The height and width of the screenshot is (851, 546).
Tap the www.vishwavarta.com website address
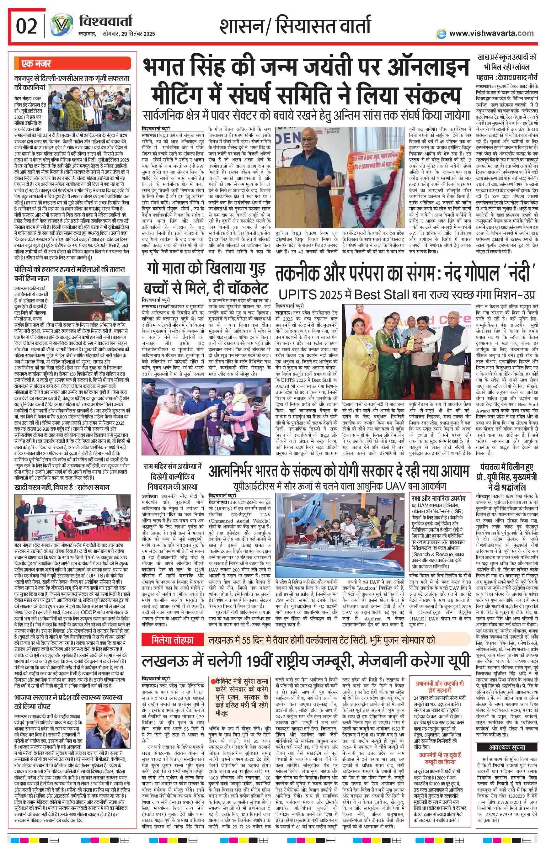pyautogui.click(x=491, y=33)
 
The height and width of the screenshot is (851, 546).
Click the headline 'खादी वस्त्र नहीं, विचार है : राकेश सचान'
pyautogui.click(x=62, y=487)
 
